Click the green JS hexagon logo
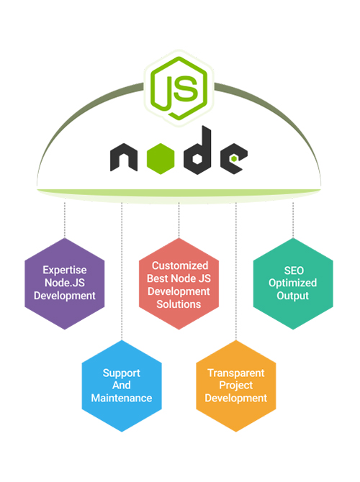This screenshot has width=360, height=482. click(179, 88)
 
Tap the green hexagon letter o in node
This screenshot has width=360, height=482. click(161, 158)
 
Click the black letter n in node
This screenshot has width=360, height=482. click(124, 158)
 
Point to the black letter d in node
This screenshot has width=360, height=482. click(197, 150)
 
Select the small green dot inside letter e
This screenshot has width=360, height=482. click(234, 158)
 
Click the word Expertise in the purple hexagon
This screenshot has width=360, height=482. click(65, 270)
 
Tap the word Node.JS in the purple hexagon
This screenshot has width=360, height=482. click(65, 283)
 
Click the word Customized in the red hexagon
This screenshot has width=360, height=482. click(180, 265)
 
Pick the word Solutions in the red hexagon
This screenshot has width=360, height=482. click(179, 304)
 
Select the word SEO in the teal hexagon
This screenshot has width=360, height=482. click(294, 270)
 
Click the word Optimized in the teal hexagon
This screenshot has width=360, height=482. click(292, 283)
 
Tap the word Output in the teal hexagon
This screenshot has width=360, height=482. click(292, 296)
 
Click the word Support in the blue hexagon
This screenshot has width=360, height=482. click(122, 373)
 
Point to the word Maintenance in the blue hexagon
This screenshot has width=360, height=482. click(122, 398)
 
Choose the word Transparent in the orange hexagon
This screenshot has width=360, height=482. click(236, 373)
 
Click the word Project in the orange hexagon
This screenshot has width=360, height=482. click(236, 385)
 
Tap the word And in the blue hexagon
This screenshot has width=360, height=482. click(122, 385)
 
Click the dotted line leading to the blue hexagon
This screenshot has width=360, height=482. click(122, 271)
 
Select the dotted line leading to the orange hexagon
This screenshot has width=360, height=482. click(236, 271)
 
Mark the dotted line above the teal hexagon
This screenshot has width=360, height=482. click(293, 219)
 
